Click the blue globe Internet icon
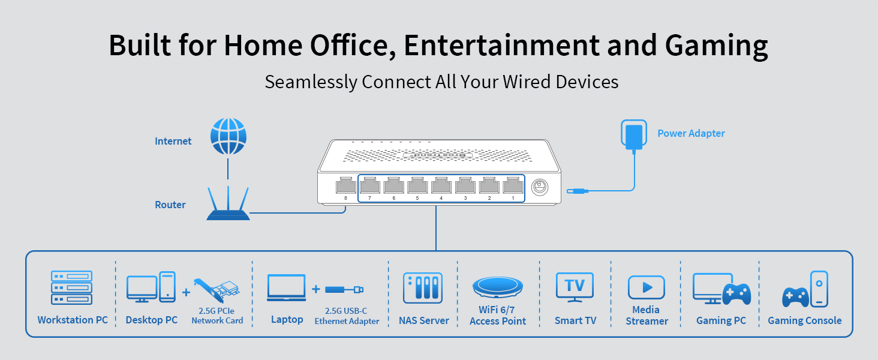click(228, 136)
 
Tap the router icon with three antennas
click(228, 205)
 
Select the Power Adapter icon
click(633, 137)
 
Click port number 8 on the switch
click(345, 185)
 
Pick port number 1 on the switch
click(512, 185)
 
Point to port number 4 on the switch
click(441, 185)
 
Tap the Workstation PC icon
click(72, 287)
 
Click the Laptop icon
click(287, 289)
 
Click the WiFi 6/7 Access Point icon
click(498, 287)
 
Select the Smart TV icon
click(575, 287)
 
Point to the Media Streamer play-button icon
click(647, 287)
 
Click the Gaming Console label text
click(804, 320)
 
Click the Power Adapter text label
click(691, 133)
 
